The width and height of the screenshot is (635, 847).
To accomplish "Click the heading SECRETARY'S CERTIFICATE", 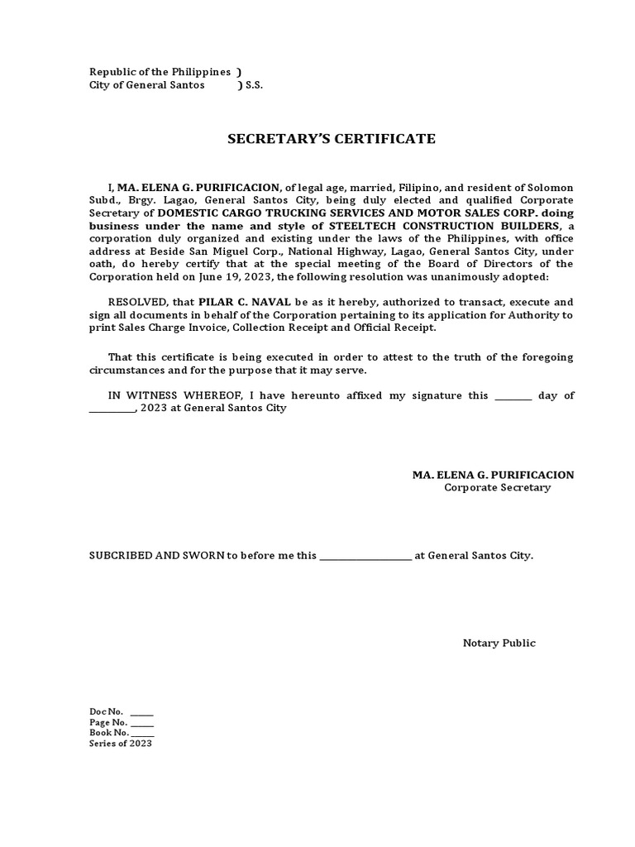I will click(332, 139).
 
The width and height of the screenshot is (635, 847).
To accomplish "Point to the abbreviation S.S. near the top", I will click(254, 85).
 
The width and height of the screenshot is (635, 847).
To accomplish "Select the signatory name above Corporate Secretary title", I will click(493, 475).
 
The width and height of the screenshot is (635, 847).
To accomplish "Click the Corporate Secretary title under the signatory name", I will click(497, 488).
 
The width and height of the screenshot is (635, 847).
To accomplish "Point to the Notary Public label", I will click(499, 644).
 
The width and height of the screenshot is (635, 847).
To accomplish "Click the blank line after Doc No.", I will click(141, 713).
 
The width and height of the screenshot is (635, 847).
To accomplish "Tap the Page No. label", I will click(107, 722).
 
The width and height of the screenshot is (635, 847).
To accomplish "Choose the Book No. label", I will click(108, 733).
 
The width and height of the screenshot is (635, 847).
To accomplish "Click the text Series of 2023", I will click(121, 744).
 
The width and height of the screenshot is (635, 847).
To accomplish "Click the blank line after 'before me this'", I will click(365, 558).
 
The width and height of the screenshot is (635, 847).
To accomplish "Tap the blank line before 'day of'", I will click(513, 398).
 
